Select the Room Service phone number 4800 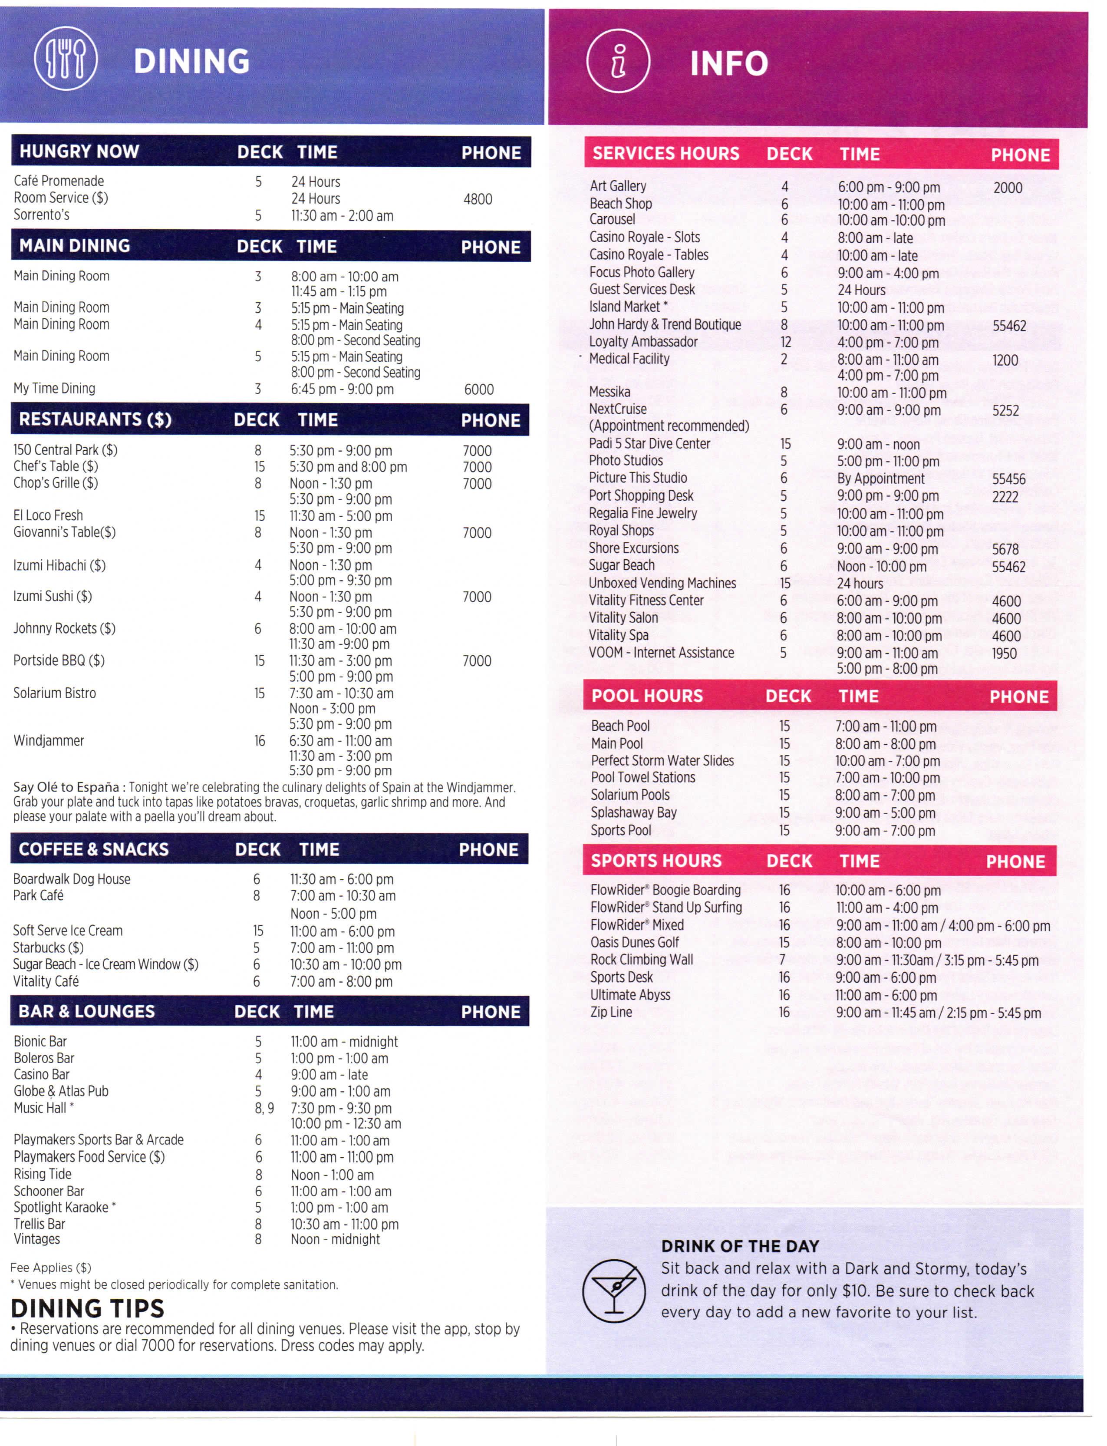[478, 199]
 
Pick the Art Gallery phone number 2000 [1008, 188]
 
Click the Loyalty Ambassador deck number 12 [785, 342]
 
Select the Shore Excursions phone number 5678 [1005, 549]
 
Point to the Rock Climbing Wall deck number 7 [782, 960]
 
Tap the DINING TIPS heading [88, 1308]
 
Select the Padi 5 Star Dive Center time [878, 444]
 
